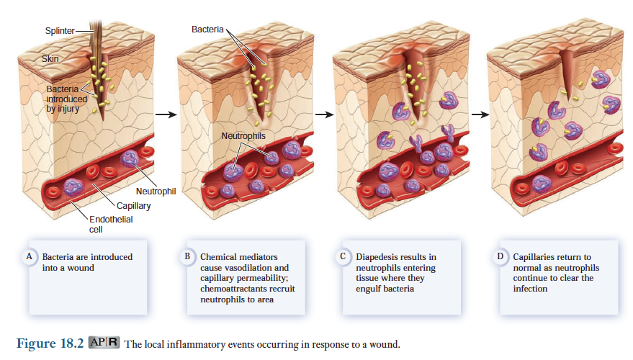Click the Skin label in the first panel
50,58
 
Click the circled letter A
30,256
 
